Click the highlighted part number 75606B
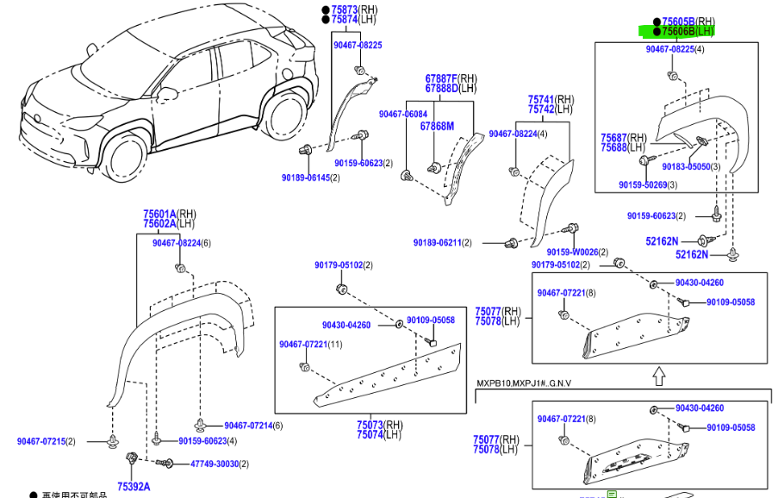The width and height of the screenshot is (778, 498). (x=677, y=31)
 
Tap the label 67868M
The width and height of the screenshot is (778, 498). (x=437, y=126)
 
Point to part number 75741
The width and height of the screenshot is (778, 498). (x=541, y=99)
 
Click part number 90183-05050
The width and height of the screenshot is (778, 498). (x=685, y=166)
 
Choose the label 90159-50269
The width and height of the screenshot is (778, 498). (x=643, y=184)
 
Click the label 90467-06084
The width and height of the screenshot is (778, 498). (x=402, y=114)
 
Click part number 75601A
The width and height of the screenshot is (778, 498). (x=159, y=214)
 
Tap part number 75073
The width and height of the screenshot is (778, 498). (x=370, y=424)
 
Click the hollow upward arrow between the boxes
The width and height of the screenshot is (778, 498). (x=657, y=376)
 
